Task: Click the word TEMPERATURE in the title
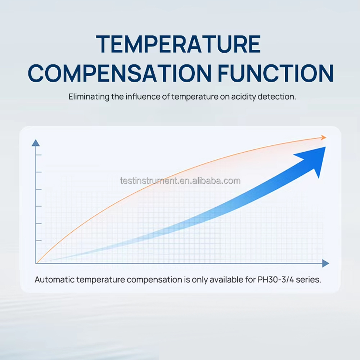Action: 178,44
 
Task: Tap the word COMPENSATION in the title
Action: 119,73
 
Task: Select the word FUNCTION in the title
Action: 276,73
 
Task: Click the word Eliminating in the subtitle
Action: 89,96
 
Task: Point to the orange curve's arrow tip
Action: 326,138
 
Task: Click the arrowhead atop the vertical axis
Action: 36,143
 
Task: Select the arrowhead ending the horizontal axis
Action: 325,264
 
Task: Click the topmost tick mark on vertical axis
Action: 39,155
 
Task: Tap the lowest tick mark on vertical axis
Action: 39,240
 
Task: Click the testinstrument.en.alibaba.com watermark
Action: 180,181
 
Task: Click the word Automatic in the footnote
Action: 55,280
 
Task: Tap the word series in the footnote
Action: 309,280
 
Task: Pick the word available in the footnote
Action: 226,280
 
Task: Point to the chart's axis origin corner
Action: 36,264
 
